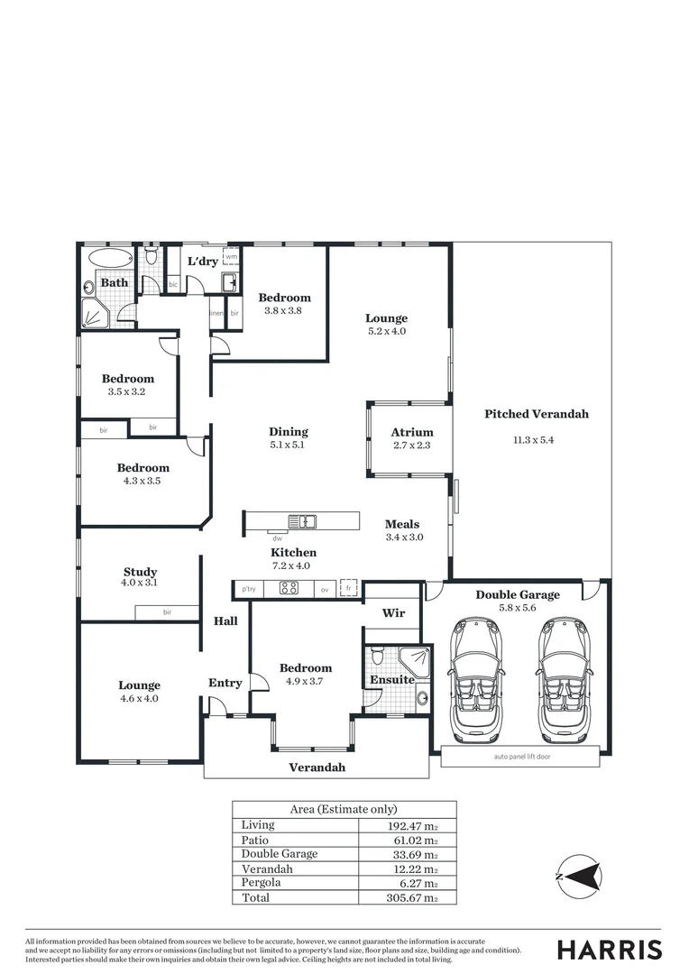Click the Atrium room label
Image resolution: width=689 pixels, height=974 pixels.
pyautogui.click(x=411, y=432)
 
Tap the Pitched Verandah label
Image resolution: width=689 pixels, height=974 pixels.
pyautogui.click(x=536, y=414)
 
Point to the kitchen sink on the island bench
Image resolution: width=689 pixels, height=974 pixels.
pyautogui.click(x=301, y=521)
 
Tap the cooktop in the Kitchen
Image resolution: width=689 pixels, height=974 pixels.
pyautogui.click(x=289, y=589)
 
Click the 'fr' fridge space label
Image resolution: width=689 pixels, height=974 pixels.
pyautogui.click(x=349, y=588)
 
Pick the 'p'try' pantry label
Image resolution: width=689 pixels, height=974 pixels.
pyautogui.click(x=249, y=589)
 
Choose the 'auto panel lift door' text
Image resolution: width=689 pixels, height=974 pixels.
pyautogui.click(x=520, y=757)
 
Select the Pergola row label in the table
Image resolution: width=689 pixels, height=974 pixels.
pyautogui.click(x=261, y=883)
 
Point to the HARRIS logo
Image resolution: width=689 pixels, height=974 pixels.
pyautogui.click(x=609, y=950)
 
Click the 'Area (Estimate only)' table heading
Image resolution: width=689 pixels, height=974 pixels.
pyautogui.click(x=344, y=809)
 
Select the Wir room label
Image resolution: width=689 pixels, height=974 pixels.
pyautogui.click(x=393, y=613)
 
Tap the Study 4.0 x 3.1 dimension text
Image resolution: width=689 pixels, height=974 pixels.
pyautogui.click(x=140, y=583)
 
